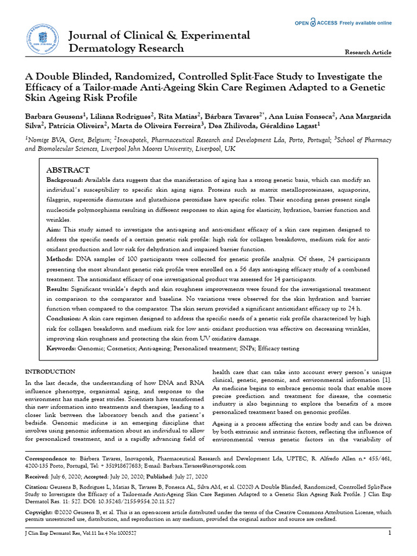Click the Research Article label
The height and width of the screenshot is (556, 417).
coord(368,52)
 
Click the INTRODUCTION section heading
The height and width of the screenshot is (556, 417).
coord(51,371)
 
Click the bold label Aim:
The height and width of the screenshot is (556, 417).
coord(54,230)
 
